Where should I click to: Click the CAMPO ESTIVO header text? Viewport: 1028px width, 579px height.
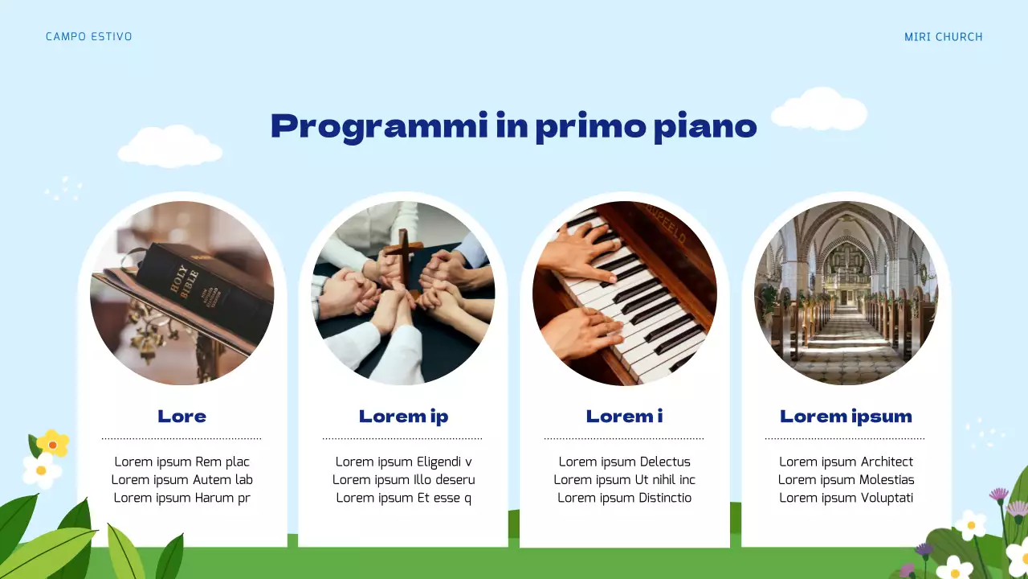[x=88, y=37]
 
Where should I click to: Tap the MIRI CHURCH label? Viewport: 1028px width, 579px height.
[x=943, y=37]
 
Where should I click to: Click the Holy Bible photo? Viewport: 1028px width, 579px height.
[x=182, y=293]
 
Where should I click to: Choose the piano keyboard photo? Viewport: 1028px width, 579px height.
[x=625, y=293]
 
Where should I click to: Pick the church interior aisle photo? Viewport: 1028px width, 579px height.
[x=846, y=293]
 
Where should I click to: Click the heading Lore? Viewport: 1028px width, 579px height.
[x=182, y=417]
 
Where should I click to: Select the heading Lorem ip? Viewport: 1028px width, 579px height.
[x=403, y=417]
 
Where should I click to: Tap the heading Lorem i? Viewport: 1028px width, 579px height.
[x=624, y=417]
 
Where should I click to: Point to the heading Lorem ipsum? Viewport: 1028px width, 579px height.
[x=846, y=417]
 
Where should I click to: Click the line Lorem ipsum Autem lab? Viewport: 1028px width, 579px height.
[x=182, y=480]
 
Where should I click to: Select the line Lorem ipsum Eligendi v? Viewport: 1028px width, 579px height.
[x=403, y=462]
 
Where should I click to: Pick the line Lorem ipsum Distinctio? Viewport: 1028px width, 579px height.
[x=624, y=498]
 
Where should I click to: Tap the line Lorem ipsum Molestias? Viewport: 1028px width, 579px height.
[x=846, y=480]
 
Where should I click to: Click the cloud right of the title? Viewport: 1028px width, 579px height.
[x=819, y=110]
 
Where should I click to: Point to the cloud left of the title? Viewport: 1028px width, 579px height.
[x=169, y=147]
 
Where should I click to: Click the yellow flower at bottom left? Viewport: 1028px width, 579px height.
[x=53, y=443]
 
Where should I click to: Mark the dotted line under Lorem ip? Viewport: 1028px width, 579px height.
[x=402, y=439]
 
